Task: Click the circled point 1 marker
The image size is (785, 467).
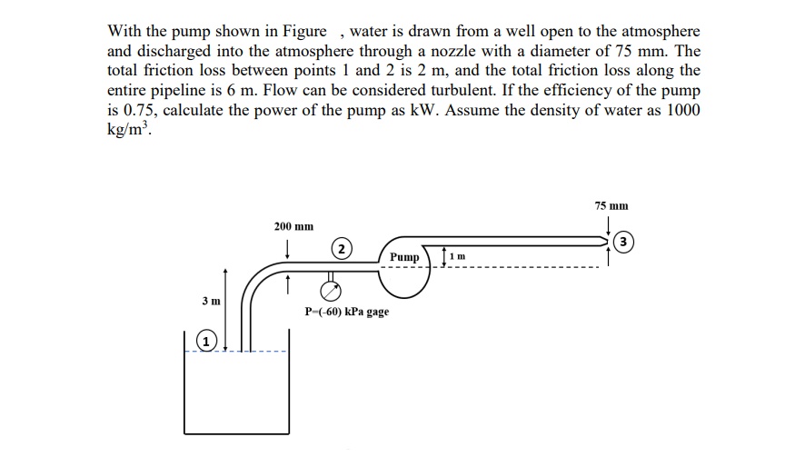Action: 208,342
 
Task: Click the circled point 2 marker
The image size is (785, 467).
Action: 340,249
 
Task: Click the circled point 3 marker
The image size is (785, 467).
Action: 621,242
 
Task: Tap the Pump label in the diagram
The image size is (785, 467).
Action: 404,258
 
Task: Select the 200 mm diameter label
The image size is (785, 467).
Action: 293,225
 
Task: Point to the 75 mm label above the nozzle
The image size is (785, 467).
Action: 611,206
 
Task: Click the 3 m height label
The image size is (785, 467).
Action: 211,300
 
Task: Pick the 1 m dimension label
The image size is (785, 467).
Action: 459,257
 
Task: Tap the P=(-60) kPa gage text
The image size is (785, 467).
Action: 347,312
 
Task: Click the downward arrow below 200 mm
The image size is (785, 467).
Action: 287,246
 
